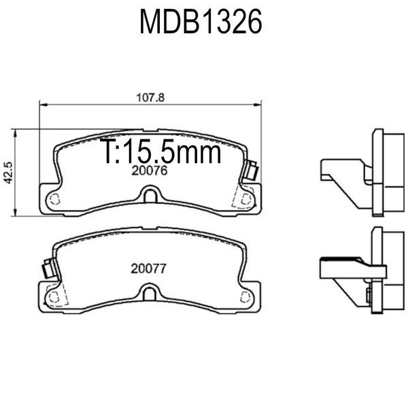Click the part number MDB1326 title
(x=201, y=22)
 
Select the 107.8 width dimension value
(x=150, y=98)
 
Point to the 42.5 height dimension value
(x=9, y=173)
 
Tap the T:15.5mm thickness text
(x=160, y=151)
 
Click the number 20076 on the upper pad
(x=150, y=171)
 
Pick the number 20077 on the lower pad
(x=148, y=269)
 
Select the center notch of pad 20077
(x=150, y=292)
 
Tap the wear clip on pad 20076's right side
(x=252, y=170)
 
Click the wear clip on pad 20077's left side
(x=50, y=268)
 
